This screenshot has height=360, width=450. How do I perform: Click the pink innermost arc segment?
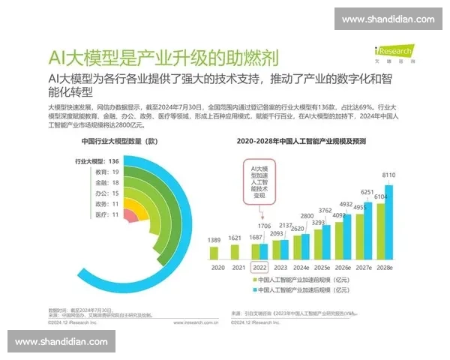point(129,216)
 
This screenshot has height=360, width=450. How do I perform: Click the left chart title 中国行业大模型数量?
point(120,141)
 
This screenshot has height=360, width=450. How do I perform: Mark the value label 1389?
point(214,240)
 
